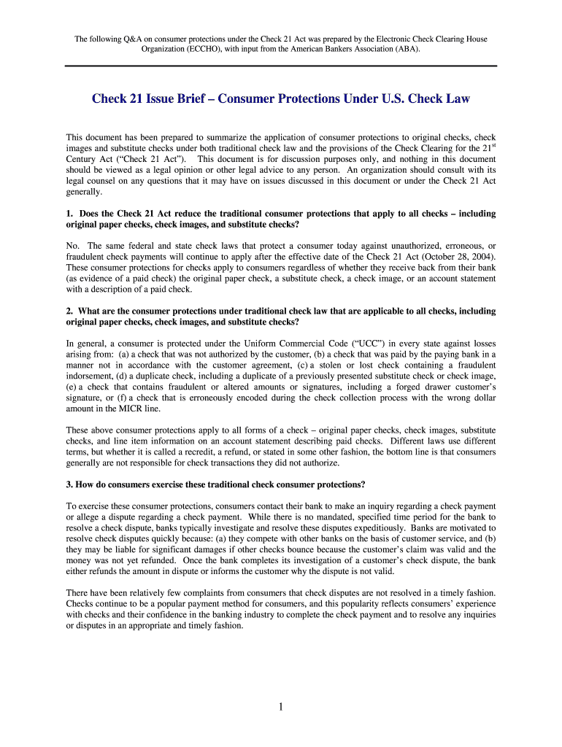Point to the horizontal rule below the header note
pos(281,66)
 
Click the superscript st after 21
pos(492,145)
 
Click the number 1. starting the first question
pos(69,214)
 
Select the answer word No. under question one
pos(72,247)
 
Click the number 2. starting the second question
pos(69,311)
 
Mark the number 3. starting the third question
pos(69,484)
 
